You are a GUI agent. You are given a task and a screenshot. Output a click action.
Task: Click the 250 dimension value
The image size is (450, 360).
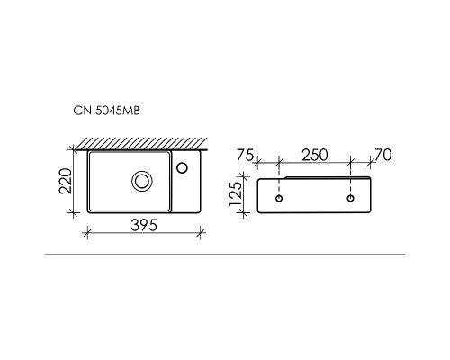(x=314, y=156)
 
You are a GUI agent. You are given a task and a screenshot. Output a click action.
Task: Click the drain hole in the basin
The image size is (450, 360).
(x=142, y=181)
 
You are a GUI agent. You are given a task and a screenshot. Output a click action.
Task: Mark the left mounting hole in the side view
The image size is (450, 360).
(x=280, y=197)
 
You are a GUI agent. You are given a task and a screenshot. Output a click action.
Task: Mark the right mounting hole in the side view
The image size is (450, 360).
(x=349, y=197)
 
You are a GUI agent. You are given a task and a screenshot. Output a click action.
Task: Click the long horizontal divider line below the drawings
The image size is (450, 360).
(x=225, y=256)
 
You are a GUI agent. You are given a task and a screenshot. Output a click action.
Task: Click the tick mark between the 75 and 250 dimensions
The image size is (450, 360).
(x=280, y=163)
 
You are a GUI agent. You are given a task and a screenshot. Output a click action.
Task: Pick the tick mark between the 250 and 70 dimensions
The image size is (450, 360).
(x=349, y=163)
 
